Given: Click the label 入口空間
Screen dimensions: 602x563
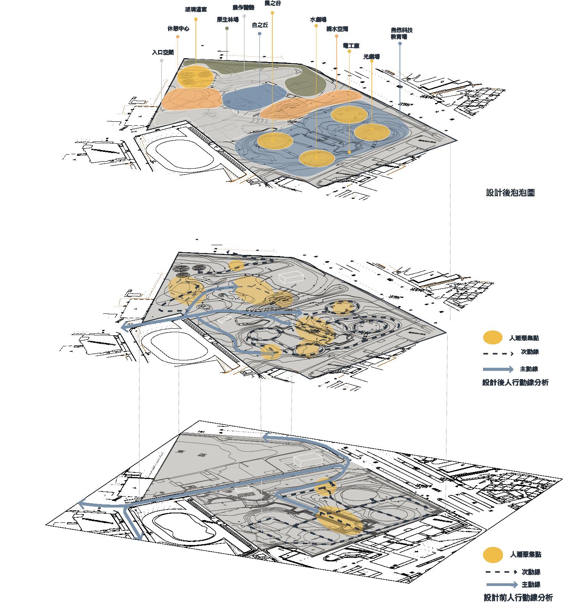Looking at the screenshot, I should click(x=163, y=52).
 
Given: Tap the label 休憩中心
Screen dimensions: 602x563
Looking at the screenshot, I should click(x=178, y=29).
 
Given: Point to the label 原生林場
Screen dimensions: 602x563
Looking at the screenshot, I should click(x=227, y=20).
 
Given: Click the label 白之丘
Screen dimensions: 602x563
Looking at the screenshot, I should click(x=260, y=25).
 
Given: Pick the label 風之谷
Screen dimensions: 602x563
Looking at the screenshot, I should click(x=272, y=3).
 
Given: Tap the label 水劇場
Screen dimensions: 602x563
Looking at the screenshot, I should click(x=318, y=19).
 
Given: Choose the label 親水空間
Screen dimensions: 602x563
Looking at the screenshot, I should click(x=337, y=28).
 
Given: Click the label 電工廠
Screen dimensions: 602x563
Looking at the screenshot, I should click(x=351, y=46).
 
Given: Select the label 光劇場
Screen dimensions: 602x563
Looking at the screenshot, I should click(x=371, y=57).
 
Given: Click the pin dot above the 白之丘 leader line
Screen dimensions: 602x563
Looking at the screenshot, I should click(x=260, y=34).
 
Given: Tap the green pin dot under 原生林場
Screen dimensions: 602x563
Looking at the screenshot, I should click(x=227, y=28).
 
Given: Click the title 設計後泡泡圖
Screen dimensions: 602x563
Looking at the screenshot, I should click(x=510, y=193).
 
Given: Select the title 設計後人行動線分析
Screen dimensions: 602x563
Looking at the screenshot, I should click(x=515, y=383).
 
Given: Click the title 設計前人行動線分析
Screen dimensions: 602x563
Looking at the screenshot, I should click(x=518, y=597).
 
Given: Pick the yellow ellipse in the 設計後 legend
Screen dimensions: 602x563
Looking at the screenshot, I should click(x=492, y=338).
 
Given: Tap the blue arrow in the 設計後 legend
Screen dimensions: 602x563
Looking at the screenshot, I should click(x=498, y=369).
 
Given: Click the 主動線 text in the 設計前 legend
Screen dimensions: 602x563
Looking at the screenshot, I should click(x=531, y=584).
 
